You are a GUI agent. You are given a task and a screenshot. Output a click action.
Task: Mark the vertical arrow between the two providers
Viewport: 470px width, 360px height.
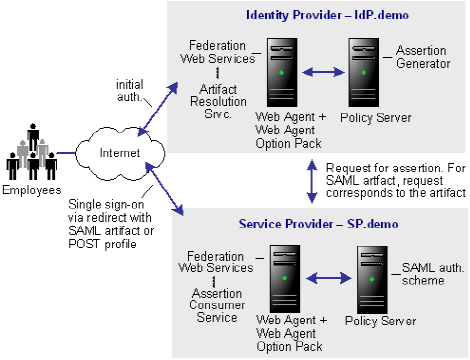click(x=310, y=178)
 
